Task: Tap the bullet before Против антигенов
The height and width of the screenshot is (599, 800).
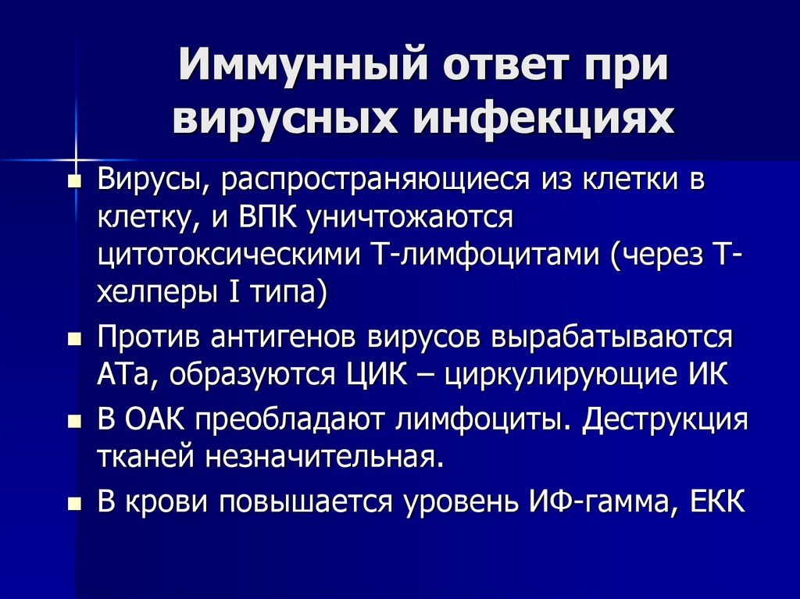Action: [74, 341]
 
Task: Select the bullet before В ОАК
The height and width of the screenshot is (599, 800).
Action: [74, 422]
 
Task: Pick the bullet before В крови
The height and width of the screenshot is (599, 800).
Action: [74, 503]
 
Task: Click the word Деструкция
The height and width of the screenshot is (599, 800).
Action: [666, 420]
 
